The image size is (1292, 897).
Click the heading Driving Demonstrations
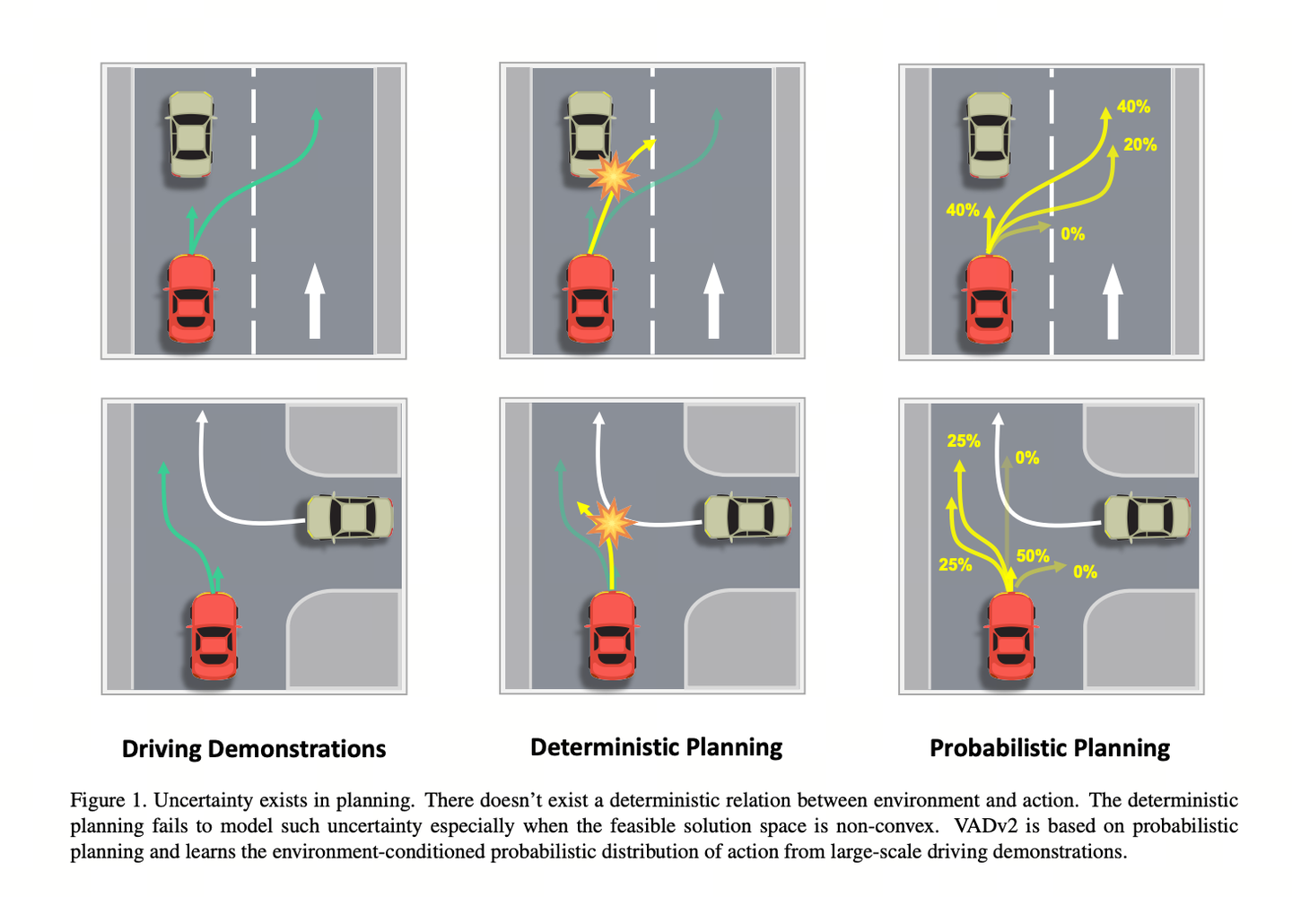point(254,749)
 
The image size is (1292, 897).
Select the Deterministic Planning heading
point(657,747)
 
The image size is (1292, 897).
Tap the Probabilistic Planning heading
point(1050,748)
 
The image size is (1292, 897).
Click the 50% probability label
point(1033,556)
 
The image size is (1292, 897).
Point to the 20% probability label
point(1139,144)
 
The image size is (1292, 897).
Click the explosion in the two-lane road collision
point(613,176)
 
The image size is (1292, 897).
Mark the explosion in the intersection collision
point(610,523)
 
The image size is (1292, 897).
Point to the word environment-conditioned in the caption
point(379,851)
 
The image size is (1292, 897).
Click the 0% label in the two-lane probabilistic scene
point(1072,234)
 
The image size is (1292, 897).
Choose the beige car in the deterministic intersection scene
point(747,517)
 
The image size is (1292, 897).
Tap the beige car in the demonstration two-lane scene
point(191,134)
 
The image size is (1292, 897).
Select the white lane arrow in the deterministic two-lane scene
point(713,300)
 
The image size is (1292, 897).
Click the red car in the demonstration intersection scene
point(214,637)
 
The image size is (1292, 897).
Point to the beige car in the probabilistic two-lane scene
point(989,135)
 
